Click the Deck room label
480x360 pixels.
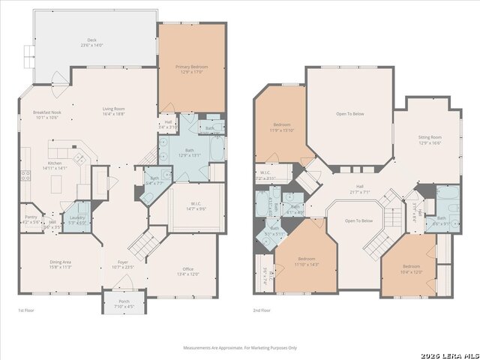click(91, 43)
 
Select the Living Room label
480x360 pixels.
click(113, 111)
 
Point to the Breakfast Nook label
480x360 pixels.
click(46, 115)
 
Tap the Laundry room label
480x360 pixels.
click(77, 219)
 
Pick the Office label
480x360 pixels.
click(187, 271)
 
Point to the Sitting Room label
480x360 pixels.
click(430, 139)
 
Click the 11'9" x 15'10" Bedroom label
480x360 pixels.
click(282, 127)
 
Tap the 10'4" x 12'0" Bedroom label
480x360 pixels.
click(411, 268)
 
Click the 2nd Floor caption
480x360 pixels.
click(262, 310)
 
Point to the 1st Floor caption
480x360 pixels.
click(26, 310)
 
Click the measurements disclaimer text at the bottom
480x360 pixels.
click(240, 347)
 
